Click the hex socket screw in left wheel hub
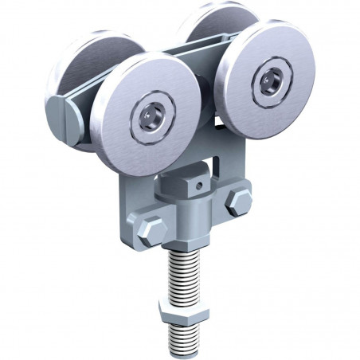151,117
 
